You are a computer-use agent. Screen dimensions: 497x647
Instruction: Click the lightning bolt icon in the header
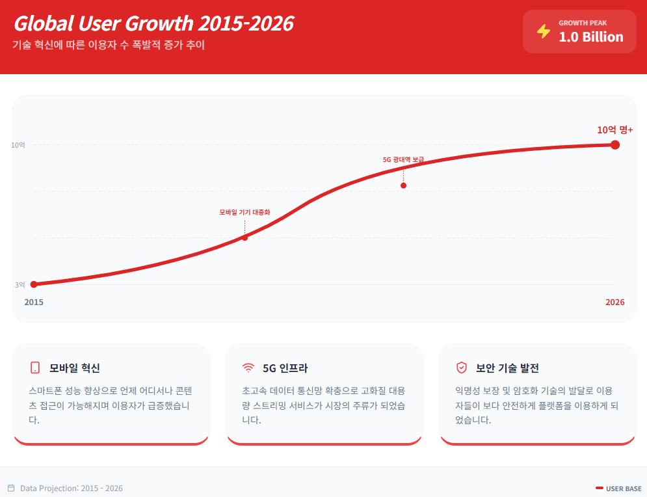544,31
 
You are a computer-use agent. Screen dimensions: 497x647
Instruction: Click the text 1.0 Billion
591,37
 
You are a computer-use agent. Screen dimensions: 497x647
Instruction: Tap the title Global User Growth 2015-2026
153,23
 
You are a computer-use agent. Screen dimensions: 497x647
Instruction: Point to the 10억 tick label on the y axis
18,145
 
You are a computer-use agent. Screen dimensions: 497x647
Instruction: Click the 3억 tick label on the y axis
20,284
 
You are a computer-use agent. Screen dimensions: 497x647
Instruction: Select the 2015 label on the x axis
34,302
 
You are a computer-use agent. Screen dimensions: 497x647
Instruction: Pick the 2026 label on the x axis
614,302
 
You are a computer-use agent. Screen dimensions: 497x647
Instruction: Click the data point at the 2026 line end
615,144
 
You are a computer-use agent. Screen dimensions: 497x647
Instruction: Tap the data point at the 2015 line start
34,284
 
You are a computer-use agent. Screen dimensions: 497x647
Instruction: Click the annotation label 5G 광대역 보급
403,159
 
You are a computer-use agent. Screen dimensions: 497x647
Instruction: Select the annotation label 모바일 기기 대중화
244,212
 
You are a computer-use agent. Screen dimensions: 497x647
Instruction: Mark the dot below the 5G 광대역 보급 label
403,185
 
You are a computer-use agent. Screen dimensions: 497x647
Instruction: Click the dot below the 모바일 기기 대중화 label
244,237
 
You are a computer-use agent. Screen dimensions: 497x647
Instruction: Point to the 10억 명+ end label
614,129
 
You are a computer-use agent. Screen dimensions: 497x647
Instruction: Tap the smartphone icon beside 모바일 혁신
35,368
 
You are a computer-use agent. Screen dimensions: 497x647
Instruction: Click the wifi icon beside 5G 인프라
248,368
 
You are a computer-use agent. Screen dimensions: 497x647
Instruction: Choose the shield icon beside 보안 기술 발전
461,368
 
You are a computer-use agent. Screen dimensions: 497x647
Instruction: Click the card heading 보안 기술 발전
507,368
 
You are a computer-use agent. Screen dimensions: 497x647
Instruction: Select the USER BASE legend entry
618,489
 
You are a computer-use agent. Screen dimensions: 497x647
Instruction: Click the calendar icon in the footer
11,488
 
